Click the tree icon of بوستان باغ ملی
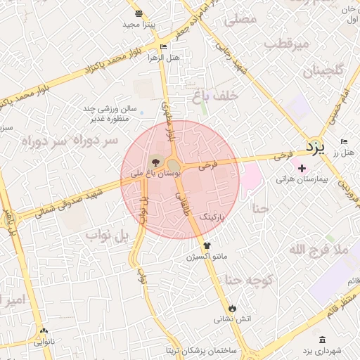[x=155, y=165]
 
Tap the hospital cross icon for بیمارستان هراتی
[x=302, y=168]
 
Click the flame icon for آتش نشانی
[x=232, y=308]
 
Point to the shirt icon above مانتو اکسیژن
[x=207, y=245]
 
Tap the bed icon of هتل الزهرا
[x=164, y=47]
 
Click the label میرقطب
[x=288, y=44]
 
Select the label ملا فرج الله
[x=319, y=250]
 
